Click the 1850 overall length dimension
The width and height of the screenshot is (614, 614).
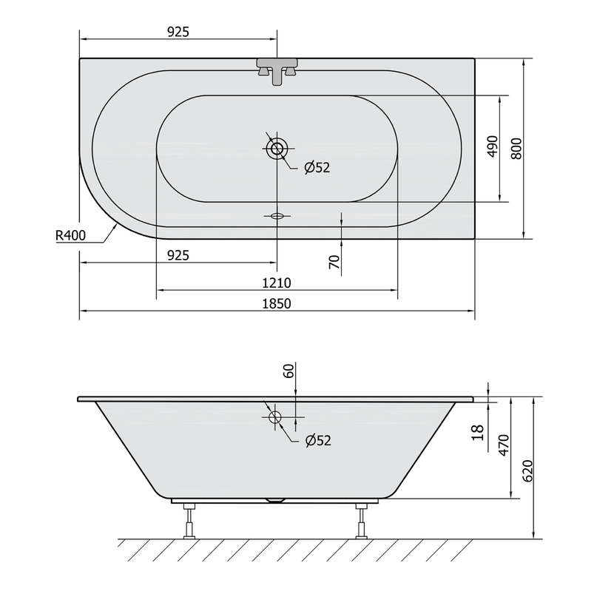[x=277, y=303]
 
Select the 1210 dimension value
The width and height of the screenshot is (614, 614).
[x=277, y=283]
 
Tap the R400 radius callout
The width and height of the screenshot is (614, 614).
[x=70, y=235]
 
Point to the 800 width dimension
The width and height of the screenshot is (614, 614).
[x=517, y=149]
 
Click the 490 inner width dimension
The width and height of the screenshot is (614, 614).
[x=493, y=146]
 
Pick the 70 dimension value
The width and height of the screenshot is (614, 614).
[x=334, y=262]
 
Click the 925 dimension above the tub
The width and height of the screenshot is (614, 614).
[x=178, y=32]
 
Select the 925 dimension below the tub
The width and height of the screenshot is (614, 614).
[x=178, y=255]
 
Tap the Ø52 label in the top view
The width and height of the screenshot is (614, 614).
[x=317, y=168]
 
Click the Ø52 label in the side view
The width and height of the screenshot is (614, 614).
[x=318, y=441]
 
